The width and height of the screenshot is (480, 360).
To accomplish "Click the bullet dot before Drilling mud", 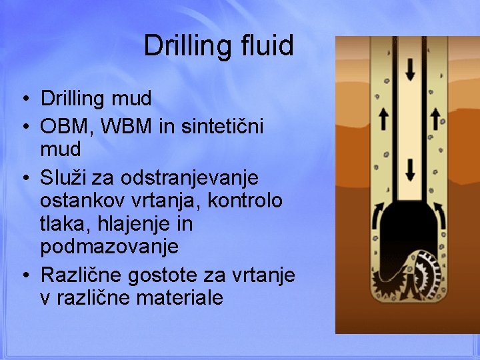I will [x=24, y=100].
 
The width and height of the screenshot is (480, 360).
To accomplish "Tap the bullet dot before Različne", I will [x=24, y=275].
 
